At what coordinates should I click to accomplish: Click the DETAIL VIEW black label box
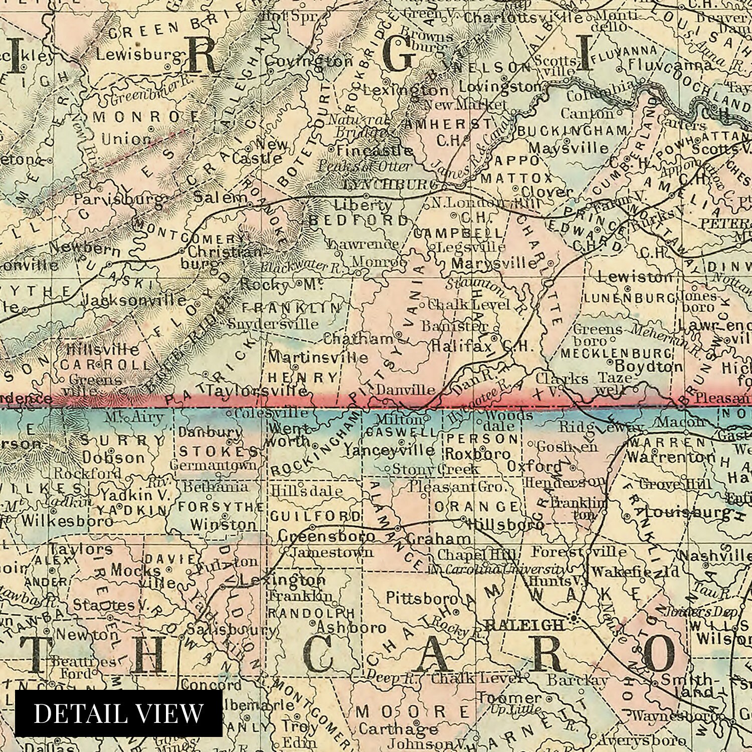click(x=119, y=713)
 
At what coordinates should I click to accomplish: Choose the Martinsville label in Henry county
click(x=318, y=357)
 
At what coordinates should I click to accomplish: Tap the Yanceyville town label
click(x=389, y=451)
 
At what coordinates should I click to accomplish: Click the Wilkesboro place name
click(x=67, y=520)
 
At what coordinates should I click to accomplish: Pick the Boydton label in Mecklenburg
click(x=649, y=366)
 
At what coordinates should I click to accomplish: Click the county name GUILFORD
click(x=315, y=516)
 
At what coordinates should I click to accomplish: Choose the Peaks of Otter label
click(x=365, y=166)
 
